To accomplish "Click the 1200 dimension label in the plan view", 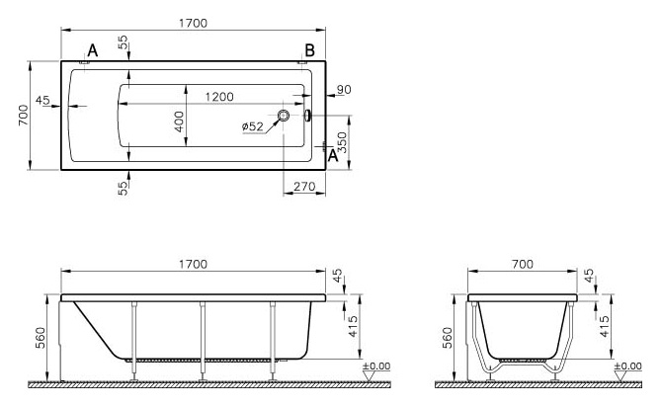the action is pyautogui.click(x=219, y=97).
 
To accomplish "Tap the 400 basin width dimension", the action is pyautogui.click(x=180, y=122).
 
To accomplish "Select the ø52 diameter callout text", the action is pyautogui.click(x=253, y=126).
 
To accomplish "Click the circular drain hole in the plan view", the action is pyautogui.click(x=284, y=115).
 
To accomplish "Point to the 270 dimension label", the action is pyautogui.click(x=304, y=186).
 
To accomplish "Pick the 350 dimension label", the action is pyautogui.click(x=342, y=142).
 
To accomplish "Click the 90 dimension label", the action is pyautogui.click(x=344, y=89).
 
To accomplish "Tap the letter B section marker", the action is pyautogui.click(x=310, y=50).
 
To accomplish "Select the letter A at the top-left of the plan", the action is pyautogui.click(x=93, y=51).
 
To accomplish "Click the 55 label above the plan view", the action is pyautogui.click(x=123, y=42).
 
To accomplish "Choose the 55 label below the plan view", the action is pyautogui.click(x=123, y=189).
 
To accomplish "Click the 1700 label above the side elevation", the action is pyautogui.click(x=193, y=264).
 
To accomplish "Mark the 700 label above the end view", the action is pyautogui.click(x=523, y=264).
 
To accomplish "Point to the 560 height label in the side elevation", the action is pyautogui.click(x=41, y=338).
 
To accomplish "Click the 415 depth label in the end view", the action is pyautogui.click(x=605, y=327).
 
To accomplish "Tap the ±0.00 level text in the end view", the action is pyautogui.click(x=628, y=366).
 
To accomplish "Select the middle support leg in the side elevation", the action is pyautogui.click(x=203, y=341).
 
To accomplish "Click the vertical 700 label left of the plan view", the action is pyautogui.click(x=24, y=116).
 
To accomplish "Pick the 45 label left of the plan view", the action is pyautogui.click(x=42, y=101).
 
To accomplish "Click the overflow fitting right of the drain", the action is pyautogui.click(x=307, y=115).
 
